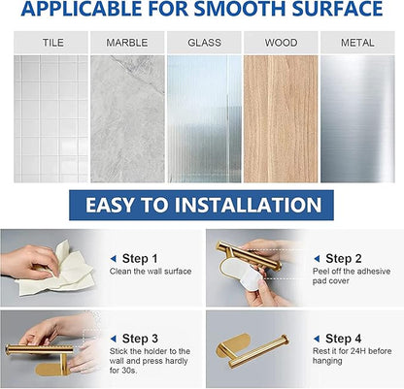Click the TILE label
53,43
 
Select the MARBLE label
127,43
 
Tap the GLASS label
204,43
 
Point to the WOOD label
281,43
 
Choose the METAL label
357,43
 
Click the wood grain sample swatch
281,119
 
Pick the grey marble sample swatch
127,119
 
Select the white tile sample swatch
50,119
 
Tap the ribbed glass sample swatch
204,119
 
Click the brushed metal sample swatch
357,119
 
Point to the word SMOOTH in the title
240,9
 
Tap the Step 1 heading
140,259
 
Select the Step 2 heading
344,259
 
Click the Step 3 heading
140,339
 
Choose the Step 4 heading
344,339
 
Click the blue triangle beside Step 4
317,339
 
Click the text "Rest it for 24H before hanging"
353,356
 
